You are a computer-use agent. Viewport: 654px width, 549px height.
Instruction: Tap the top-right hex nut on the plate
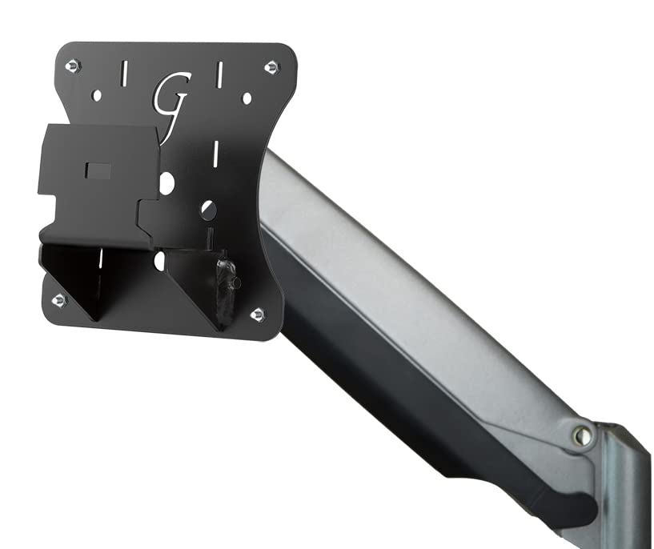pyautogui.click(x=271, y=66)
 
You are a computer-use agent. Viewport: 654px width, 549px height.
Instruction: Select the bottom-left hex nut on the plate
pyautogui.click(x=58, y=300)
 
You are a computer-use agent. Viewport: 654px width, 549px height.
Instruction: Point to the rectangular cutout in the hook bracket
pyautogui.click(x=98, y=170)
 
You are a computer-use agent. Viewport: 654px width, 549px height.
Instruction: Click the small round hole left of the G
pyautogui.click(x=97, y=95)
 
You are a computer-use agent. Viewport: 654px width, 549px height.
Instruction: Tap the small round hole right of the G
pyautogui.click(x=247, y=98)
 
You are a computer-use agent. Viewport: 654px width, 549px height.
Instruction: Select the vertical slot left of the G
pyautogui.click(x=123, y=74)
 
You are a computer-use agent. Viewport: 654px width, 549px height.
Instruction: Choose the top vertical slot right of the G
pyautogui.click(x=218, y=75)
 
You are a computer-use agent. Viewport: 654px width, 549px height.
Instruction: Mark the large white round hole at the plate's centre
pyautogui.click(x=167, y=183)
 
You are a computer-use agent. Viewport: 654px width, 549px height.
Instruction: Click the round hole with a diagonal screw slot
pyautogui.click(x=208, y=210)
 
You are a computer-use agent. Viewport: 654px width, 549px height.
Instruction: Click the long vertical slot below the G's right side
pyautogui.click(x=215, y=153)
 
